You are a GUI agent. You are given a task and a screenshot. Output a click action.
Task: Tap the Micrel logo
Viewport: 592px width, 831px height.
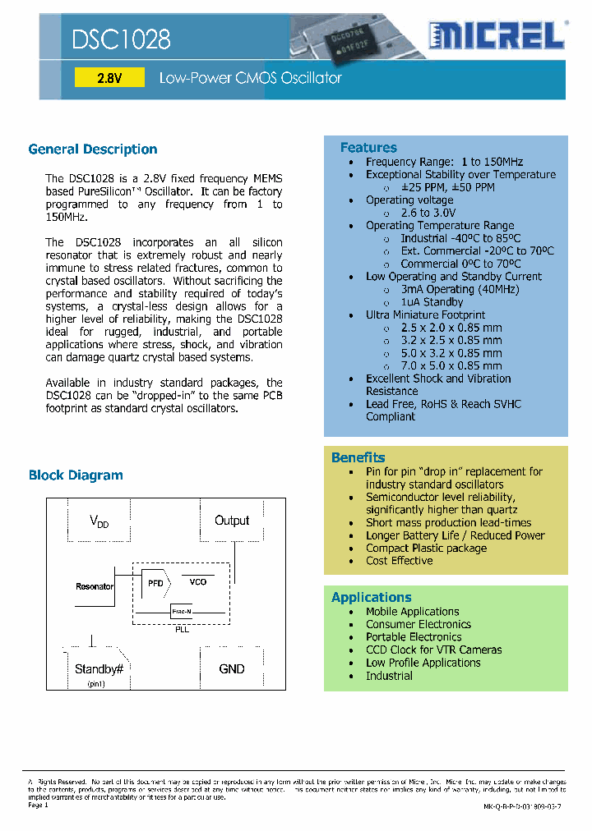497,37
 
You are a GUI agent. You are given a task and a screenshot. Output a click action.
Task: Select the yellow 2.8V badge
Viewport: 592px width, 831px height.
109,79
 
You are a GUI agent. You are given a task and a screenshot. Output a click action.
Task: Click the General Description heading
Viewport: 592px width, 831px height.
93,149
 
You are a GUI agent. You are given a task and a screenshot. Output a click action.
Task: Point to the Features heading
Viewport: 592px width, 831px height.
368,148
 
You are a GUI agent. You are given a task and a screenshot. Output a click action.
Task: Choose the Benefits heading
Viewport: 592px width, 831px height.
358,457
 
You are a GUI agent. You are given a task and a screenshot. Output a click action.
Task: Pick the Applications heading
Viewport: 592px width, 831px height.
372,598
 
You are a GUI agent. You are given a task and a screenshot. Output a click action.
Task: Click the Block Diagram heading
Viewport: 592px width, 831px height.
76,475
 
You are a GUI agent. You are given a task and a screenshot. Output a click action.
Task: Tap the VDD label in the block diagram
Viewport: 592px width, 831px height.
99,521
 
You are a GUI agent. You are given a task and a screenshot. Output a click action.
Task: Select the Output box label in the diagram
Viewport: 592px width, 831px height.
232,521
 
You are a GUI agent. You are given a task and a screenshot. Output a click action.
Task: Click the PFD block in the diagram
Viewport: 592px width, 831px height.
155,582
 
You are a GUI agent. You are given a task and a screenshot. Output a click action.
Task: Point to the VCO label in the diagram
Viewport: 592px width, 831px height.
198,581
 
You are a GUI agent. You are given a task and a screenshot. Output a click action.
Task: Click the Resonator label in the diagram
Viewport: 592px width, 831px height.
95,586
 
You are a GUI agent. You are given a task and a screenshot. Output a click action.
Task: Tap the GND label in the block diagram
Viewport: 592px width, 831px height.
232,669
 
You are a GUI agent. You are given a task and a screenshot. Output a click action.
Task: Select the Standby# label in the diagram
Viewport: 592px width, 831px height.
99,669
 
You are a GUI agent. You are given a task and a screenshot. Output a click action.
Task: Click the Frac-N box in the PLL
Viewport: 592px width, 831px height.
182,612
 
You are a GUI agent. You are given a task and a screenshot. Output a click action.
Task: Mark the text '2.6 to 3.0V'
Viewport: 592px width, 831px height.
427,213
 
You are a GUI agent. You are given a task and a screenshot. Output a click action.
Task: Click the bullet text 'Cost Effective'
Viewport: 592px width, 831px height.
400,561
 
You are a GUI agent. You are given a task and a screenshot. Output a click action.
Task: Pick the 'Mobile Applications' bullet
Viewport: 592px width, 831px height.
413,612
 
